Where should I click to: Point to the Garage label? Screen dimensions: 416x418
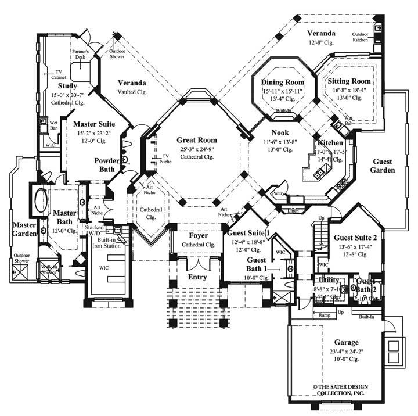[346, 343]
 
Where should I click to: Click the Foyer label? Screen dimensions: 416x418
[199, 236]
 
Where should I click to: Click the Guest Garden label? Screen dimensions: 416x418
[383, 166]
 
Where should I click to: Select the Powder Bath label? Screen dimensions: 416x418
[107, 164]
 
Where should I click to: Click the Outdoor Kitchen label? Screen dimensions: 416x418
[363, 37]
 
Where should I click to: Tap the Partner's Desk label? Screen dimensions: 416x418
[80, 54]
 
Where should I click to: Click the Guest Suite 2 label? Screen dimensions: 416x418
[356, 237]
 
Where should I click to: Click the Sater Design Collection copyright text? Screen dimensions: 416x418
[347, 389]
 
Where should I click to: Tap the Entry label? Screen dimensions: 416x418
[197, 277]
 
